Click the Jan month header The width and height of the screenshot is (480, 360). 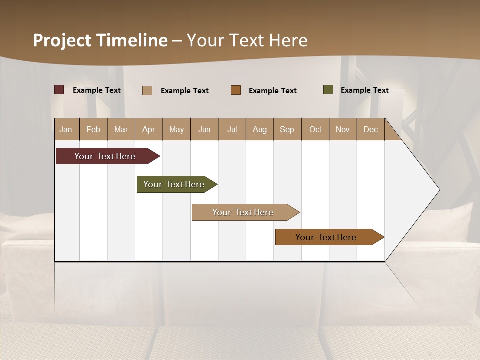[66, 129]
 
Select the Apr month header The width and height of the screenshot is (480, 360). [149, 129]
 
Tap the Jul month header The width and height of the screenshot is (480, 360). [232, 129]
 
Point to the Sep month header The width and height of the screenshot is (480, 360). [287, 129]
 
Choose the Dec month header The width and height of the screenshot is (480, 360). [371, 129]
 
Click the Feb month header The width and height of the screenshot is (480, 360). [93, 129]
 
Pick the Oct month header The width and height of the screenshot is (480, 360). [315, 129]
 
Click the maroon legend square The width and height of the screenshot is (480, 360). [59, 90]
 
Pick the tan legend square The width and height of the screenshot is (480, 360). [147, 90]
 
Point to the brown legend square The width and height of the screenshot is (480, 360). [236, 90]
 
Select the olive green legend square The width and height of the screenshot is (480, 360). [328, 90]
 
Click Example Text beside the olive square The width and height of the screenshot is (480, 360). [364, 90]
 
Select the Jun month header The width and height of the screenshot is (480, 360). [204, 129]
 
